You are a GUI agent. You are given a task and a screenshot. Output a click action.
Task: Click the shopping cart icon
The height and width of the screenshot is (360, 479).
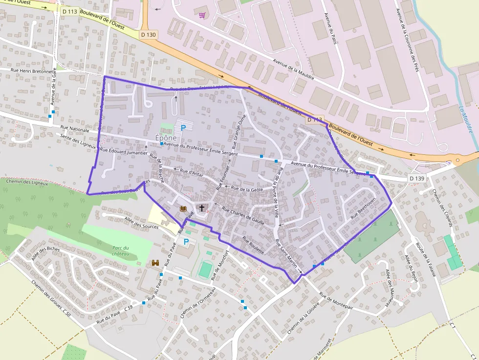[x=202, y=15]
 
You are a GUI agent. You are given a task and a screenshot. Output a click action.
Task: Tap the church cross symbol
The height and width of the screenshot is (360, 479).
[x=201, y=208]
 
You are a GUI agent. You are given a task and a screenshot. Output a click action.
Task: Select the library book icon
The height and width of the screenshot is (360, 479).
[x=183, y=209]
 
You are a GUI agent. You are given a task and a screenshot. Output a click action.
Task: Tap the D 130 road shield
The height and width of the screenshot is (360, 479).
[x=149, y=35]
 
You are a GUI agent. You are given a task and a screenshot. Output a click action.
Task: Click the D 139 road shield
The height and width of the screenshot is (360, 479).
[x=417, y=178]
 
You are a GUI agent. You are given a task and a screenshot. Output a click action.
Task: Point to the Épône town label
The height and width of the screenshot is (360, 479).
[x=166, y=138]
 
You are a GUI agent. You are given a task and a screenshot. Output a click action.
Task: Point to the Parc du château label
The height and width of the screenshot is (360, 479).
[x=120, y=251]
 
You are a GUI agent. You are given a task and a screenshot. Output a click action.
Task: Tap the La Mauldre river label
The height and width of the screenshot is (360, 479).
[x=466, y=119]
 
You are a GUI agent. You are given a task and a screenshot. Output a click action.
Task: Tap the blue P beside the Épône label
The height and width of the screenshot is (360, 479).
[x=183, y=128]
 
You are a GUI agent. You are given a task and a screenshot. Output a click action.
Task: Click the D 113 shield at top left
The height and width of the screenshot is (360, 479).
[x=70, y=10]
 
